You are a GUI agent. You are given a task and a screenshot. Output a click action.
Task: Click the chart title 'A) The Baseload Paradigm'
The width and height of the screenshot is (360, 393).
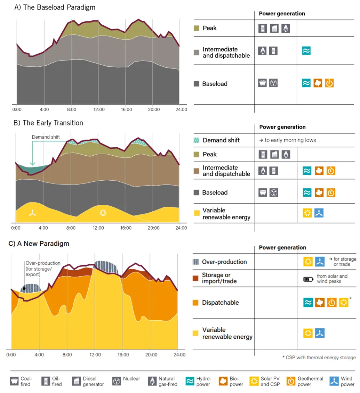coord(55,7)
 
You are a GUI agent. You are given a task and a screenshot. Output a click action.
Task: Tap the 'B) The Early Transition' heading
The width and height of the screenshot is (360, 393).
coord(48,123)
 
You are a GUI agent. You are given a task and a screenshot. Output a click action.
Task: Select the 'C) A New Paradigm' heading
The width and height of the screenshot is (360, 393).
coord(39,244)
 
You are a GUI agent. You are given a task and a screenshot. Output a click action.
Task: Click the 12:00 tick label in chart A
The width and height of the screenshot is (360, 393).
coord(99,109)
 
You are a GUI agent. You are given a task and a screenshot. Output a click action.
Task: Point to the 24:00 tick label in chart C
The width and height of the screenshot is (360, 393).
coord(179,355)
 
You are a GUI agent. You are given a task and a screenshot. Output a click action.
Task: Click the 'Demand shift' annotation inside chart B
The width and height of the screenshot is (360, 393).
coord(46,137)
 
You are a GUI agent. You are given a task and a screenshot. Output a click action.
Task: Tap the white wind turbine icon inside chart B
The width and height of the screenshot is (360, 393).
coord(33,214)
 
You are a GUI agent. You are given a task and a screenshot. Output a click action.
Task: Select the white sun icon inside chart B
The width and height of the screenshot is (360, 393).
coord(103,213)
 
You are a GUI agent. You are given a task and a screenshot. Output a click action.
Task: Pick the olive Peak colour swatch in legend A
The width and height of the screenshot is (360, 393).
coord(197,28)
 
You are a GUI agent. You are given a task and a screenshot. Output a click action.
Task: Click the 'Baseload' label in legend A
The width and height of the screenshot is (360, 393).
coord(215,84)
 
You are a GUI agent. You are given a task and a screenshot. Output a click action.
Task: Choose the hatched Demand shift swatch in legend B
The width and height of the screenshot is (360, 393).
coord(196,140)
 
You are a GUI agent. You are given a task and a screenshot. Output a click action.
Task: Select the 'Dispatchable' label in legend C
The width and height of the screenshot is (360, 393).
coord(220,303)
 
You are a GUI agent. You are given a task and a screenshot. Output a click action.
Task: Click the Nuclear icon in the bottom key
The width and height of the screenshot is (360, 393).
coord(117,381)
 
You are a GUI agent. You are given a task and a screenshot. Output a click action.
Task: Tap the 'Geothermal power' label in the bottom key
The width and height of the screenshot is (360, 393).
coord(310,381)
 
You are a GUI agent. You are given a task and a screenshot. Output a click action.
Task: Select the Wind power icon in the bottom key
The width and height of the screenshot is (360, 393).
coord(335,381)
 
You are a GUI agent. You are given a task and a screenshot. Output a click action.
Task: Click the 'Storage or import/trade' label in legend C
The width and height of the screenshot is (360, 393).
coord(219,278)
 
